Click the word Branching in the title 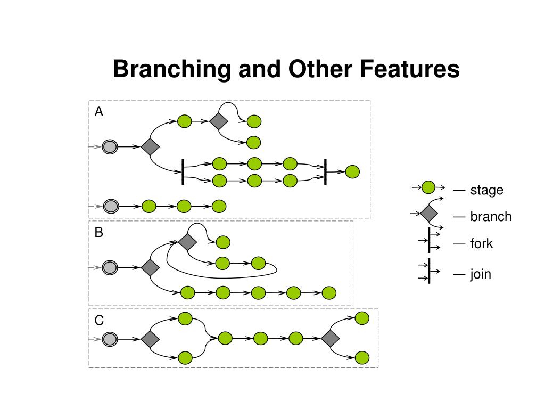point(172,69)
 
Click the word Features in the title point(409,69)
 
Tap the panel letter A point(98,112)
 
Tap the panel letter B point(98,232)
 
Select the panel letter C point(99,320)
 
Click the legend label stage point(486,190)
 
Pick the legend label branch point(491,216)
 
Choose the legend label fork point(481,243)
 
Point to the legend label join point(481,274)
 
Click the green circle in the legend point(428,187)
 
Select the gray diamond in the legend point(429,213)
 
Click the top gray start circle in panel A point(110,147)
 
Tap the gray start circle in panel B point(110,268)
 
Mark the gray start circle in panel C point(110,339)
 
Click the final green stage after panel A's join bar point(352,172)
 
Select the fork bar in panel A point(183,172)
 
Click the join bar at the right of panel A point(325,172)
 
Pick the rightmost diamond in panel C point(330,338)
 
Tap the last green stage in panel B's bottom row point(329,293)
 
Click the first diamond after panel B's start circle point(150,268)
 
